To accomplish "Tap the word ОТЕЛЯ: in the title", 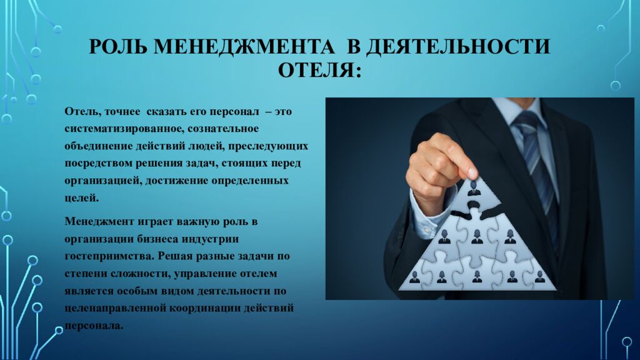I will point(319,69).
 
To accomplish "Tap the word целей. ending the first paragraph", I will point(81,197).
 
